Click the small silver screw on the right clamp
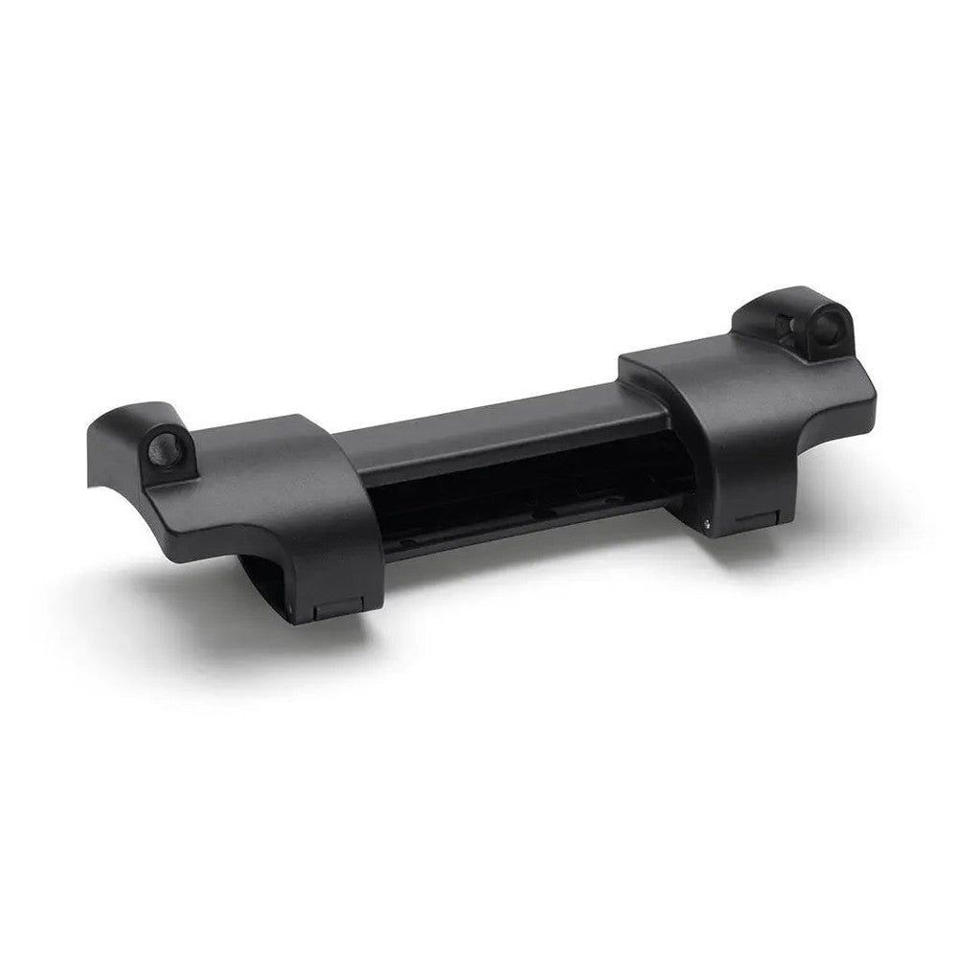(x=707, y=522)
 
